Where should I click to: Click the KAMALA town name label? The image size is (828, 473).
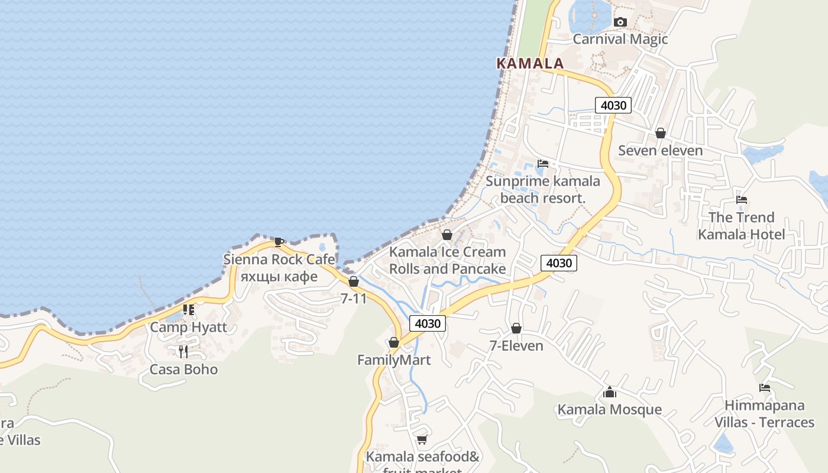tap(530, 63)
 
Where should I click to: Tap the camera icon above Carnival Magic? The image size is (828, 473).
tap(620, 22)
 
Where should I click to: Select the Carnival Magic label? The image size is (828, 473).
tap(620, 39)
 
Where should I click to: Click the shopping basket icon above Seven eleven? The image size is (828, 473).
tap(661, 133)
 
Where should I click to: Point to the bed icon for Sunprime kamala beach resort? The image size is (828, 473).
tap(543, 163)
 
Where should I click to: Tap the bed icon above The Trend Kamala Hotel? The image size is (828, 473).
tap(742, 200)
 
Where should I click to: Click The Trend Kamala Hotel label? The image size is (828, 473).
tap(742, 226)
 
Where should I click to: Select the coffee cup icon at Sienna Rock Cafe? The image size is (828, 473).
tap(279, 242)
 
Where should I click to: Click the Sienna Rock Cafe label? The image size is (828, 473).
tap(279, 260)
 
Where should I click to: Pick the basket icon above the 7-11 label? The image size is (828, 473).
tap(354, 281)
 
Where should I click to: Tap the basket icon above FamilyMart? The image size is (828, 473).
tap(394, 342)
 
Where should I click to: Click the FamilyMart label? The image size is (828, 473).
tap(394, 360)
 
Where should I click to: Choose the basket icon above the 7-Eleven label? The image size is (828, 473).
tap(516, 328)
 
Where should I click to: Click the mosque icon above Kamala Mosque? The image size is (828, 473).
tap(610, 392)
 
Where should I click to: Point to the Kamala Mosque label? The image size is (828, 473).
tap(610, 410)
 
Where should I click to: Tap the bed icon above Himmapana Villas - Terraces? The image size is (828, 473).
tap(765, 388)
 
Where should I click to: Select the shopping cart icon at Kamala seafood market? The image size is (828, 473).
tap(422, 439)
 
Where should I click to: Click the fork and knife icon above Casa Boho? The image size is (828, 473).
tap(183, 352)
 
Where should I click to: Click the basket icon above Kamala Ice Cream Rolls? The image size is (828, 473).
tap(447, 235)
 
